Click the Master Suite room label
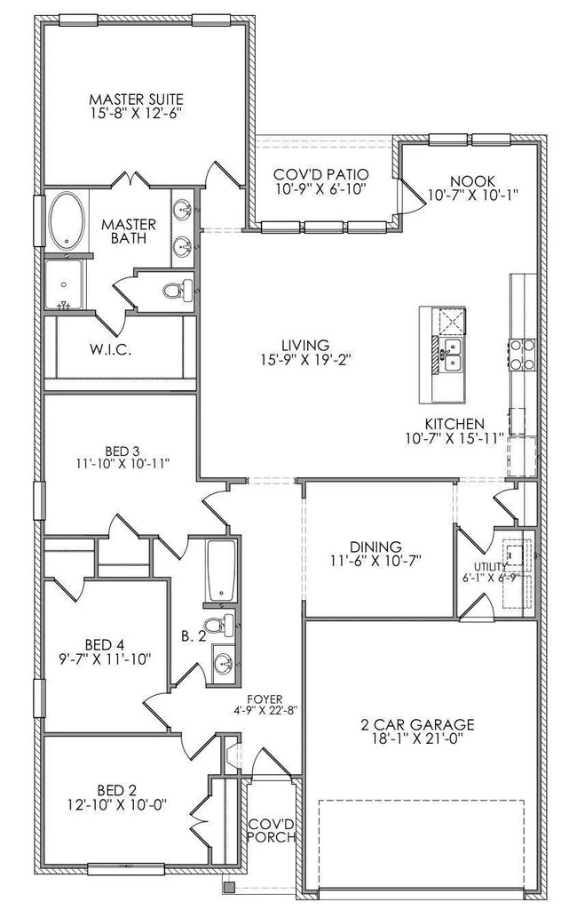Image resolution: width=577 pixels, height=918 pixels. point(136,99)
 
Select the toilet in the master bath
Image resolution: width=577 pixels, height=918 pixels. point(178,289)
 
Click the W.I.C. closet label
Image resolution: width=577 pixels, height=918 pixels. point(110,350)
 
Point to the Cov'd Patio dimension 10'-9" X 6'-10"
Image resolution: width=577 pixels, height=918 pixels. point(321,188)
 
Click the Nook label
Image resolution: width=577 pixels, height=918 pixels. point(473,181)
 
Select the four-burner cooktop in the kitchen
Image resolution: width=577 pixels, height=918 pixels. point(523,355)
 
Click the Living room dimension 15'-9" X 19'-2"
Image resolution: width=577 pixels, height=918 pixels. point(304,359)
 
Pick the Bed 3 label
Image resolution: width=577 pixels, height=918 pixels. point(123,451)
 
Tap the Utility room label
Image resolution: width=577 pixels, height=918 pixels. point(490,566)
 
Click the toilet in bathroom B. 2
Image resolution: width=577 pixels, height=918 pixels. point(218,625)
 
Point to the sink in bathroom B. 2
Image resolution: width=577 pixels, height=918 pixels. point(223,663)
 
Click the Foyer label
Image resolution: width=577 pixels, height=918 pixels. point(265,699)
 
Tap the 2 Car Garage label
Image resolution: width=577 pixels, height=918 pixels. point(417,725)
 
